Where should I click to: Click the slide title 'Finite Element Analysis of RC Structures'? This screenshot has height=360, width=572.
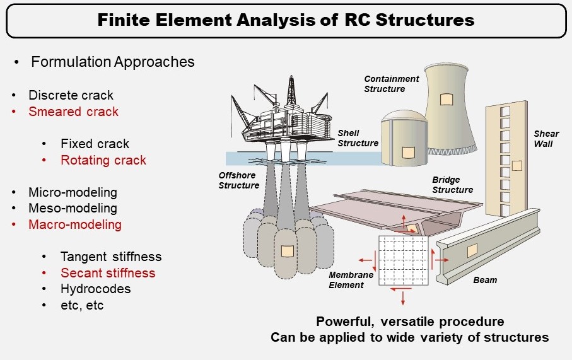(286, 20)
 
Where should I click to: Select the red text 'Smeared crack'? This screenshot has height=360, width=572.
(73, 112)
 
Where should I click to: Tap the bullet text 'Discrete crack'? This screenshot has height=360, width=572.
(71, 95)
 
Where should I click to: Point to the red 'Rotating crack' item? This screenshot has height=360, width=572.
(103, 160)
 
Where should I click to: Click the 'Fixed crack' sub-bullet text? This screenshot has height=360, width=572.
(95, 144)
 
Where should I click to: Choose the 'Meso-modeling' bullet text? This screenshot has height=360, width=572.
(73, 208)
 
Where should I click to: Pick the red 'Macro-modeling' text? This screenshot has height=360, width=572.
(75, 224)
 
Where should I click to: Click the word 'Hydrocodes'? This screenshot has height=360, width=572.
(96, 289)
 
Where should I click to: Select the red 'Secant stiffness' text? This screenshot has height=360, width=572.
(108, 273)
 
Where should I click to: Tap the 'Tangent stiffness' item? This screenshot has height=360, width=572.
(111, 257)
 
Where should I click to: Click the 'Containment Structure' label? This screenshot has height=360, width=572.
(392, 84)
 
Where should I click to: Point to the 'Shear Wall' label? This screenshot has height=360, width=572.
(546, 139)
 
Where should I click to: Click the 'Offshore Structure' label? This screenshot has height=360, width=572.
(239, 180)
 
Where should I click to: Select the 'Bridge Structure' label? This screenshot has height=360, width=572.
(452, 185)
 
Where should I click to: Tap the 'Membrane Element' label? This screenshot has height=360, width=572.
(351, 280)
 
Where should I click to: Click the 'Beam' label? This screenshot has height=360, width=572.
(485, 280)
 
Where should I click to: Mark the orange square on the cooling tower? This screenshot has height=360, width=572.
(446, 99)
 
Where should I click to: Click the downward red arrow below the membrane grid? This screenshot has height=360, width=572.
(403, 298)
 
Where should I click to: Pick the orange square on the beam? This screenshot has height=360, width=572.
(472, 250)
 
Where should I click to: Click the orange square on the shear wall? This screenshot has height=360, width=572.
(517, 166)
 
